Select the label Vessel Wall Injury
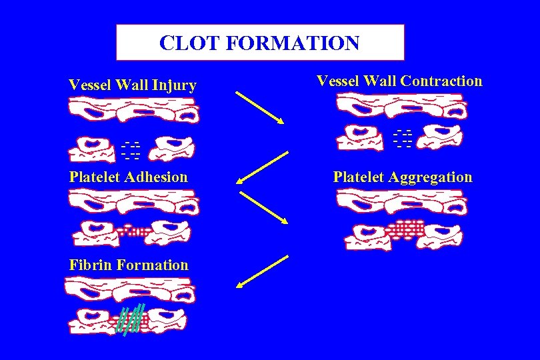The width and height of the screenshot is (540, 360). tap(133, 85)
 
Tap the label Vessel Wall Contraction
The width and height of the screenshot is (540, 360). tap(399, 81)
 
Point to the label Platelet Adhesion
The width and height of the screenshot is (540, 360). tap(129, 177)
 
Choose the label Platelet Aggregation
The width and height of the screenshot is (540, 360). tap(403, 177)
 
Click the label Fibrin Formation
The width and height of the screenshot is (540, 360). tap(129, 265)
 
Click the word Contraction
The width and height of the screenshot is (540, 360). tap(441, 81)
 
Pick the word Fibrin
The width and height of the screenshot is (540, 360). tap(90, 265)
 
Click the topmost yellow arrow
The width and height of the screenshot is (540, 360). tap(260, 107)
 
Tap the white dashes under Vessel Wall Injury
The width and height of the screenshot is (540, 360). tap(131, 151)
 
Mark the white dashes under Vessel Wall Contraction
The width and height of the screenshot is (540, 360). tap(403, 137)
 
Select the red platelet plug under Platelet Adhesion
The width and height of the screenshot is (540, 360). tap(135, 231)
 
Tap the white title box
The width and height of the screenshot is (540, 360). tap(260, 43)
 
